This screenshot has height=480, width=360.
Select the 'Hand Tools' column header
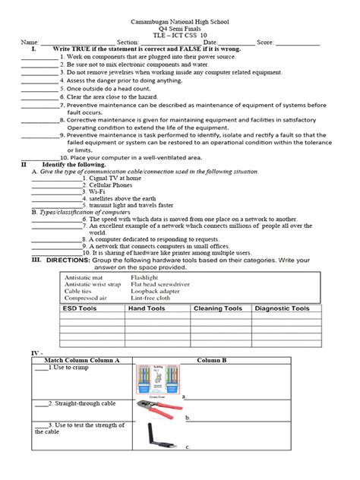[x=147, y=308]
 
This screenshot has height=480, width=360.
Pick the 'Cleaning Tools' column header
[x=218, y=308]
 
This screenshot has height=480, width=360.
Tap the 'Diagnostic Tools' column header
[x=282, y=308]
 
